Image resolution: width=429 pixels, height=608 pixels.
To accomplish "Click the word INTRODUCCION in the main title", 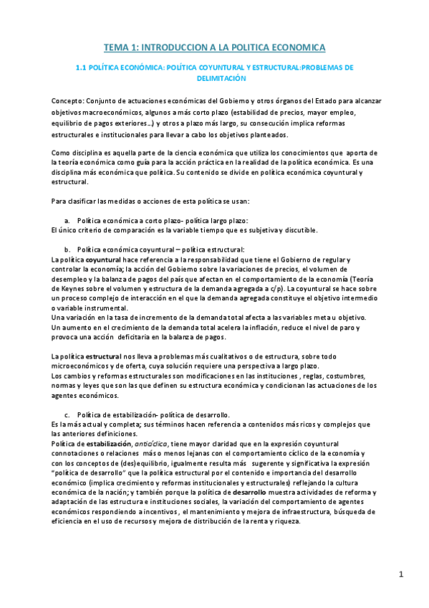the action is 172,47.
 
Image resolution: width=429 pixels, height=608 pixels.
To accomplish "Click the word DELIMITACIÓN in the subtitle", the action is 215,79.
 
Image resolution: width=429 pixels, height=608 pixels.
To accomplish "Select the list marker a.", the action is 67,219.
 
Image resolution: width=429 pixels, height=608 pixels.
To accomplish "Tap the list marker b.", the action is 67,249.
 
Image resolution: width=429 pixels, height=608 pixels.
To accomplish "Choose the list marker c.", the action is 67,414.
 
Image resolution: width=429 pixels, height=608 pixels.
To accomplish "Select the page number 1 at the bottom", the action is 401,574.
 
